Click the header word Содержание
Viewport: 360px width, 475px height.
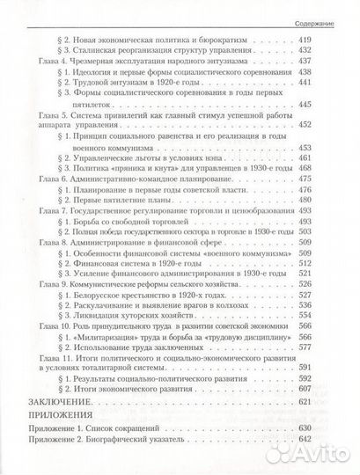pos(327,9)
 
